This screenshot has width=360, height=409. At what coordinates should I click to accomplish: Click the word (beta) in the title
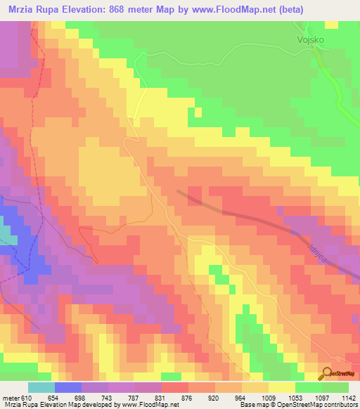(x=335, y=9)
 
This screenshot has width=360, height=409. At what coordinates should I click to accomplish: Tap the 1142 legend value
(x=348, y=398)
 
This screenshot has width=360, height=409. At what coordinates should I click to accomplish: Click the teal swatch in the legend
(x=41, y=388)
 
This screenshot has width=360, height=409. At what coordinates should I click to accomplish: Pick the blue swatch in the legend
(x=68, y=388)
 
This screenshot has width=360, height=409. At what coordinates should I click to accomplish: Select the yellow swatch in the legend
(x=282, y=388)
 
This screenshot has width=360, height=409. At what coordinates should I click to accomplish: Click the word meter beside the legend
(x=12, y=398)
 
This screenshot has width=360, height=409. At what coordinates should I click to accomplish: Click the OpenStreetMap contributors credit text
(x=312, y=405)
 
